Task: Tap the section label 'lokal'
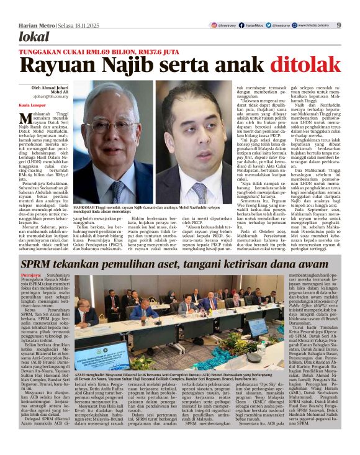point(34,37)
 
